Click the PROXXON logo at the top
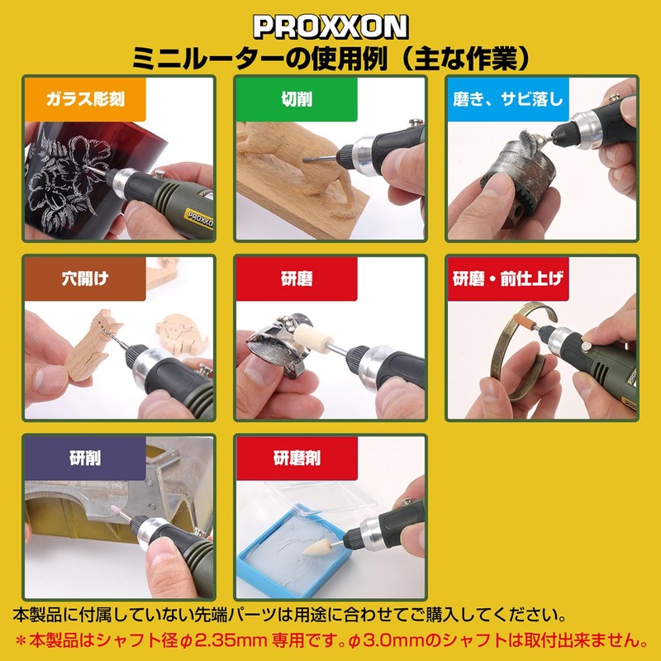pyautogui.click(x=330, y=26)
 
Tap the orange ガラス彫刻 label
pyautogui.click(x=84, y=100)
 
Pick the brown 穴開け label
pyautogui.click(x=84, y=278)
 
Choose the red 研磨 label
pyautogui.click(x=296, y=278)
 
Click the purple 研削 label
pyautogui.click(x=84, y=458)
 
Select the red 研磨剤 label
pyautogui.click(x=296, y=458)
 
